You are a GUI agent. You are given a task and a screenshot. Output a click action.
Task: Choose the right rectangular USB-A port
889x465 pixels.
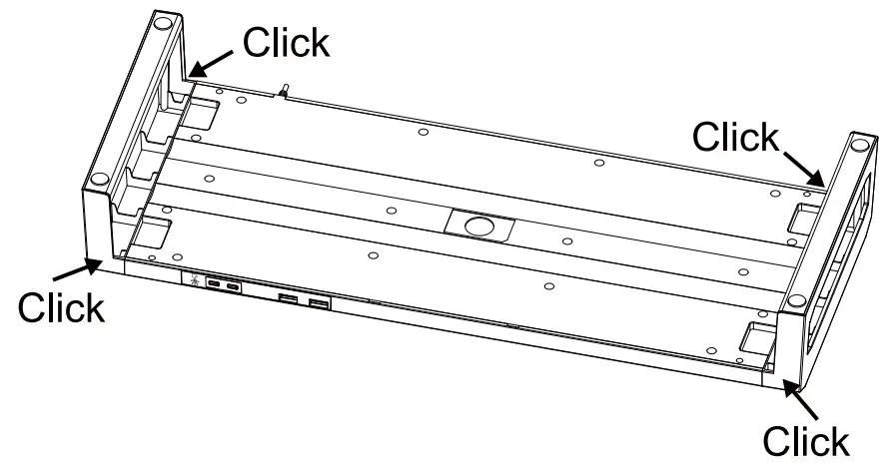click(319, 303)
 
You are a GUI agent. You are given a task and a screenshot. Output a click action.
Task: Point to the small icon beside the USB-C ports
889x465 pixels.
click(194, 282)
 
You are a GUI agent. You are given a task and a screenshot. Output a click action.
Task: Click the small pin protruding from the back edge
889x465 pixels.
click(284, 94)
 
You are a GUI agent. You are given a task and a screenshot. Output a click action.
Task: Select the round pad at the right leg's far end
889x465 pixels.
click(858, 146)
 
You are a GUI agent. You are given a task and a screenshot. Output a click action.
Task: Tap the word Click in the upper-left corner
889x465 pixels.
click(286, 42)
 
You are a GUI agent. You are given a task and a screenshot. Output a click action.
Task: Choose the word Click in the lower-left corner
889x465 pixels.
click(59, 307)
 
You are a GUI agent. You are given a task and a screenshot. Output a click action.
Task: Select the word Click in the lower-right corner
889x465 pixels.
click(806, 439)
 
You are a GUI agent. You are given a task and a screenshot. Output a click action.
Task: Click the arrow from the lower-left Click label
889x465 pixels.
click(74, 270)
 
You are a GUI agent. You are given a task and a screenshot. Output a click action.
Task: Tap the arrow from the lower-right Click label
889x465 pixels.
click(805, 402)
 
